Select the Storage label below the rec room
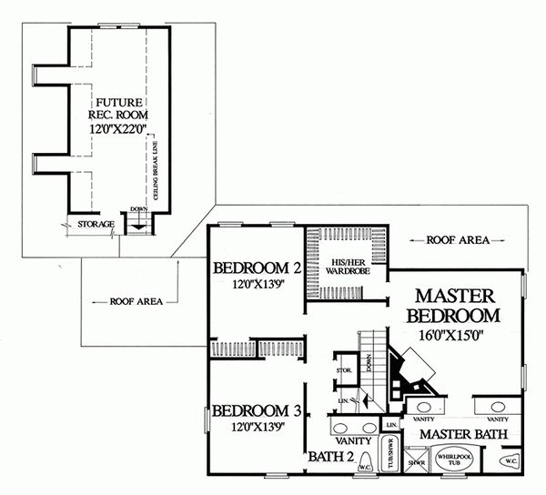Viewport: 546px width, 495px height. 96,224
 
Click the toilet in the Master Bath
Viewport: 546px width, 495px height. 511,461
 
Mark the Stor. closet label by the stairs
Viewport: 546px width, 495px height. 344,370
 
